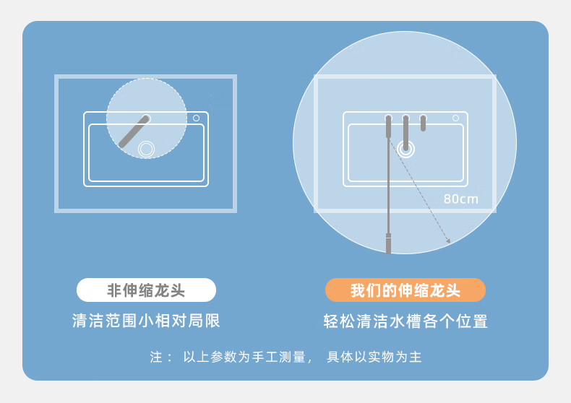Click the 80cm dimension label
pos(460,199)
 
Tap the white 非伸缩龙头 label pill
pos(147,290)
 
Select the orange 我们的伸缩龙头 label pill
pos(405,290)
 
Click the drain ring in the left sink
pos(147,149)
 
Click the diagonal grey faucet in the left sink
pos(134,131)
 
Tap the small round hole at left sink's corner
pos(196,118)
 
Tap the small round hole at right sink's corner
pos(455,118)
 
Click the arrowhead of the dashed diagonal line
pos(449,240)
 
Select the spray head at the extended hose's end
pos(389,243)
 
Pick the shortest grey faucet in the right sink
pos(423,123)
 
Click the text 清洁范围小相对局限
pos(146,321)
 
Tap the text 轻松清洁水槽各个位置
pos(405,321)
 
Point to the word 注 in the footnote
pos(156,357)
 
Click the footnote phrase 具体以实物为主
pos(374,357)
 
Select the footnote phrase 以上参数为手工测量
pos(244,357)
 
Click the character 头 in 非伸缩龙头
pos(177,290)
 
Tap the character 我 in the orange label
pos(357,290)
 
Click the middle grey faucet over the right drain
pos(405,133)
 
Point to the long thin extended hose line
pos(389,186)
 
